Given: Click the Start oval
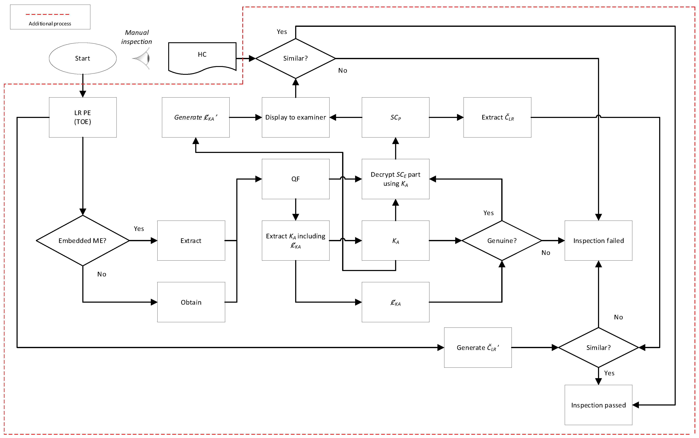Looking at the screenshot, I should pos(83,58).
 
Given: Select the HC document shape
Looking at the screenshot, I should pos(202,56).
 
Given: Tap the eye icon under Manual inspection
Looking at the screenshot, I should pos(142,58).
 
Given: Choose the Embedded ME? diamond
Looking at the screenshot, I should pos(83,240).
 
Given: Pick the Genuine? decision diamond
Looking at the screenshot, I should pos(502,240).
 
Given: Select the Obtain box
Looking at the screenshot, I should pos(191,302).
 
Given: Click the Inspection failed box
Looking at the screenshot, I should pos(598,240).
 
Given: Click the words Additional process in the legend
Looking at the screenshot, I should pos(50,23).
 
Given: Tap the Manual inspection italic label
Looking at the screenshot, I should pos(137,37).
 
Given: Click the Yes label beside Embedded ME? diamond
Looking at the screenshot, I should pos(139,229).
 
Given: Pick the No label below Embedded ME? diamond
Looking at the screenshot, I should pos(102,274).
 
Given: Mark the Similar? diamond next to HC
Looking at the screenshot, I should pos(295,58).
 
